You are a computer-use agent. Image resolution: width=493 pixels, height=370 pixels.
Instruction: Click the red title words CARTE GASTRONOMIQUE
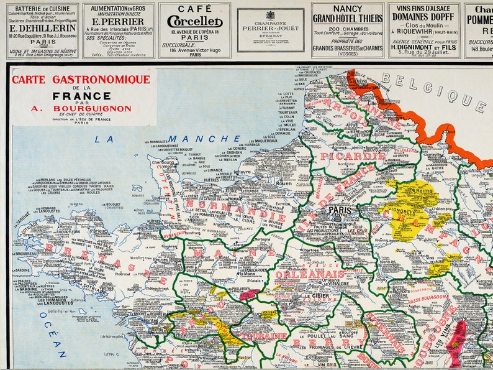tap(81, 80)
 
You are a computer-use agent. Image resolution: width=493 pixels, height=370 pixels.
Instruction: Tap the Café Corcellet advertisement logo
tap(194, 21)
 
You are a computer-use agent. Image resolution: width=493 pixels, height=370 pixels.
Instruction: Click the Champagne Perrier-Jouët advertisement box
tap(270, 30)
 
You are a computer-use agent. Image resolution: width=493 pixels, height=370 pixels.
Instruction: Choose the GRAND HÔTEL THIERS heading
tap(347, 19)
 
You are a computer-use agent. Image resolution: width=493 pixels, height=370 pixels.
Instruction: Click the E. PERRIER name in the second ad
tap(118, 21)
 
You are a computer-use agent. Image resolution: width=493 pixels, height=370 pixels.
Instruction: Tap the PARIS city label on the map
tap(340, 210)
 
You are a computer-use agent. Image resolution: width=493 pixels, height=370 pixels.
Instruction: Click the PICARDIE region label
tap(351, 156)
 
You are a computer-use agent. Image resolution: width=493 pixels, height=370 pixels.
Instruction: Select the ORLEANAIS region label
tap(301, 274)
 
